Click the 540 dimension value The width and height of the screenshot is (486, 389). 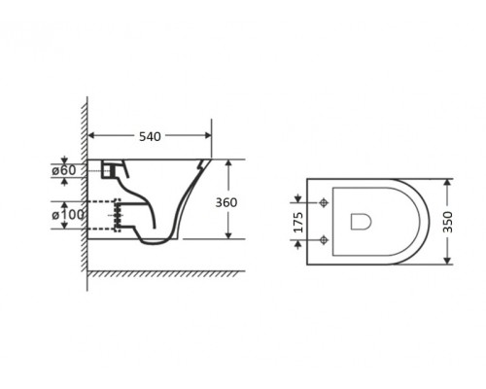click(x=150, y=136)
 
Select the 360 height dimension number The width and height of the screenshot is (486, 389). click(x=226, y=202)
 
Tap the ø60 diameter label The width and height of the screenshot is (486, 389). click(x=64, y=170)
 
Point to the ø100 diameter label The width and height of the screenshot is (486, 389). click(x=68, y=215)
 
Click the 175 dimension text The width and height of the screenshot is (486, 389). click(x=298, y=222)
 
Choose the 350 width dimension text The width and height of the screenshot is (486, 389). click(x=448, y=222)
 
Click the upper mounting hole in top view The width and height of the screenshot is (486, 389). click(x=323, y=202)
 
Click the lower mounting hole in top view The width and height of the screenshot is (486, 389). click(x=323, y=240)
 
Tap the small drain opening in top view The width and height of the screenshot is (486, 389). click(x=361, y=222)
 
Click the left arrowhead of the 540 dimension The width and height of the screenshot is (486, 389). click(x=91, y=135)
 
